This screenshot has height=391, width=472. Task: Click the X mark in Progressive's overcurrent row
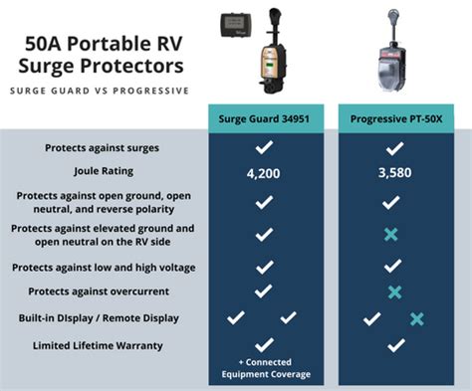pos(395,292)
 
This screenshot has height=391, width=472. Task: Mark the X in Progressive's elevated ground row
pos(395,234)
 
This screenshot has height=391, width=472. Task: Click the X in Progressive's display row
pos(417,318)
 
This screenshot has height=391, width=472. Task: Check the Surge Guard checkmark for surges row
pos(264,147)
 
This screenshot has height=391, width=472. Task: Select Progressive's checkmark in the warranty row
pos(395,345)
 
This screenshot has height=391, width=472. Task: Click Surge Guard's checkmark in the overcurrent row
pos(264,292)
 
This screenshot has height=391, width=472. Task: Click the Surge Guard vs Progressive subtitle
pos(100,91)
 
